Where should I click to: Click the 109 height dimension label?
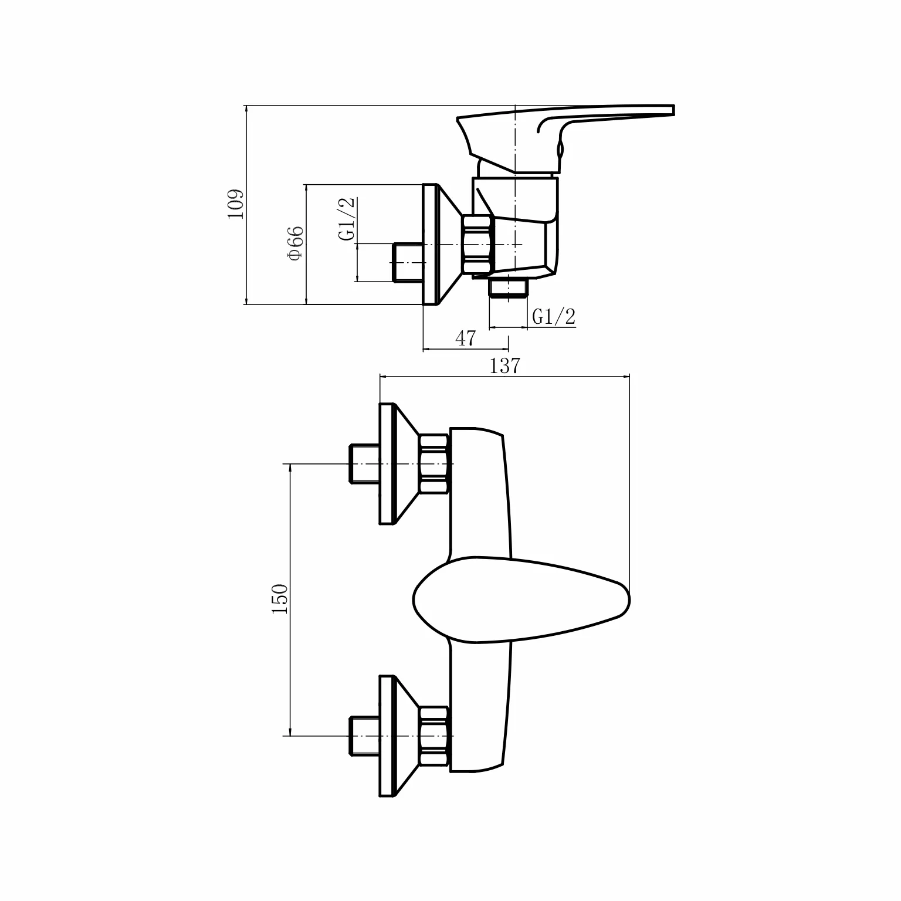[235, 204]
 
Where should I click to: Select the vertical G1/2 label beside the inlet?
[347, 219]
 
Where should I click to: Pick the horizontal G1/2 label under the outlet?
[554, 317]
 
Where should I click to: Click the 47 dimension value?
[465, 338]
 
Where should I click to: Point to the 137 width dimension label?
[505, 365]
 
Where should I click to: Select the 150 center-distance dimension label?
[280, 599]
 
